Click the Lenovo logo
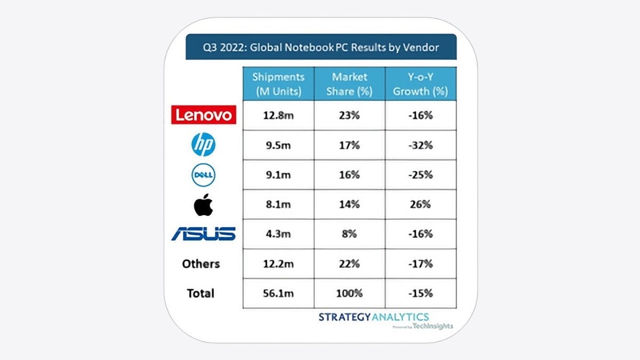(203, 115)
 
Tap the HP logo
(203, 145)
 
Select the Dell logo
(203, 175)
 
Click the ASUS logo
(203, 234)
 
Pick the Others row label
(201, 263)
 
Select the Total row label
(201, 293)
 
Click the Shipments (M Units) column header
(278, 84)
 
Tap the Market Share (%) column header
(350, 84)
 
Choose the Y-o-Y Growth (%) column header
(421, 84)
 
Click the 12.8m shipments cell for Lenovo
(278, 115)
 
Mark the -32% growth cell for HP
(421, 145)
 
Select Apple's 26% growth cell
(421, 204)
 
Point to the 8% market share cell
(350, 234)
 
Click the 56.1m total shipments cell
(278, 293)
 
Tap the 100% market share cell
(350, 293)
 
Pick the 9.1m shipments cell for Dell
(278, 175)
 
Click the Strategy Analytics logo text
(373, 317)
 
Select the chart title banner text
(321, 47)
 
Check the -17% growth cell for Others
(421, 264)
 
